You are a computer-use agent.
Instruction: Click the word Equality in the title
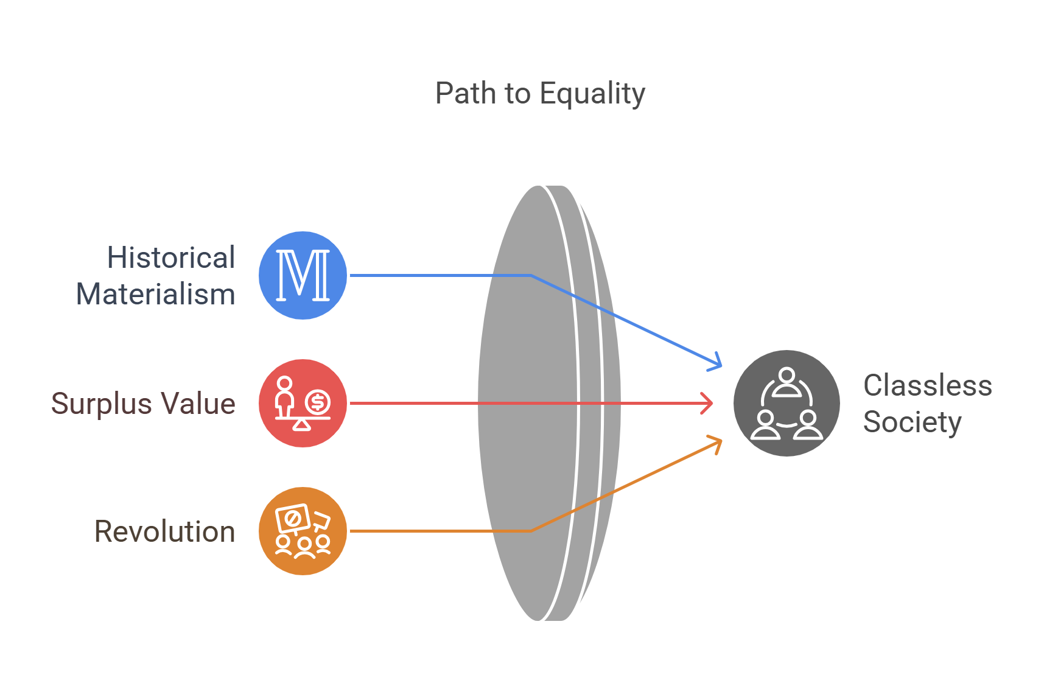point(592,94)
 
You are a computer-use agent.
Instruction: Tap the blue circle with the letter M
point(303,275)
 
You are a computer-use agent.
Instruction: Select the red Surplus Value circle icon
point(303,403)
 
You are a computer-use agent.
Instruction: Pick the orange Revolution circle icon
point(303,531)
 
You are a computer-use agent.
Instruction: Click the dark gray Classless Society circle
point(787,403)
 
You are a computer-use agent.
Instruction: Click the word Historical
point(171,257)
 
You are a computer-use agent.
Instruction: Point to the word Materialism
point(155,294)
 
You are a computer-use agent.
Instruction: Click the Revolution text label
point(164,531)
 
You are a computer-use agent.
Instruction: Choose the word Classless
point(927,385)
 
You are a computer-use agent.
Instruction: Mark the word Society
point(912,422)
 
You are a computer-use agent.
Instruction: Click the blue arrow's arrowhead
point(717,363)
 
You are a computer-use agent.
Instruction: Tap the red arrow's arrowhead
point(709,403)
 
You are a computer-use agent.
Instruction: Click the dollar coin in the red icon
point(317,402)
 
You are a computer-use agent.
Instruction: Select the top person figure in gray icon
point(787,380)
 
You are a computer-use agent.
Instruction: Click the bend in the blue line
point(531,276)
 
